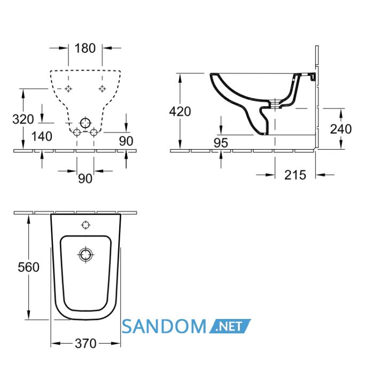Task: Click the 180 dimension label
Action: pos(85,48)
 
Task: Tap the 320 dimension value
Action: pos(23,119)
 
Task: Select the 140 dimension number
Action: pos(42,136)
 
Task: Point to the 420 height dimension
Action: pos(180,111)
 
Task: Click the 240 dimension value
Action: pos(341,129)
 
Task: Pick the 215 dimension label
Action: pos(295,175)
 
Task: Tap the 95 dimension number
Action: pos(221,143)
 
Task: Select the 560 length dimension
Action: pos(28,267)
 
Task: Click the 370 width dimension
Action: pos(85,344)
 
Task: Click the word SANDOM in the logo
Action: pos(164,326)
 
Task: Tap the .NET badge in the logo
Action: pos(229,326)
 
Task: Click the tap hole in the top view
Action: pos(85,225)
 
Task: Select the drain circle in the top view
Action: pos(85,255)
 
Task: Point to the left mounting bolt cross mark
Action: pos(68,89)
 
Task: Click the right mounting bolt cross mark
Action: pos(103,89)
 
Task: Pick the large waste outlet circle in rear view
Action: pos(85,123)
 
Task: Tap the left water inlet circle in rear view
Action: pos(77,132)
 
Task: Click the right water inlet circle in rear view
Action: pos(93,132)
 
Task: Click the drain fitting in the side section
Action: pos(275,104)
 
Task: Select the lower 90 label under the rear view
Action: pos(85,178)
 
